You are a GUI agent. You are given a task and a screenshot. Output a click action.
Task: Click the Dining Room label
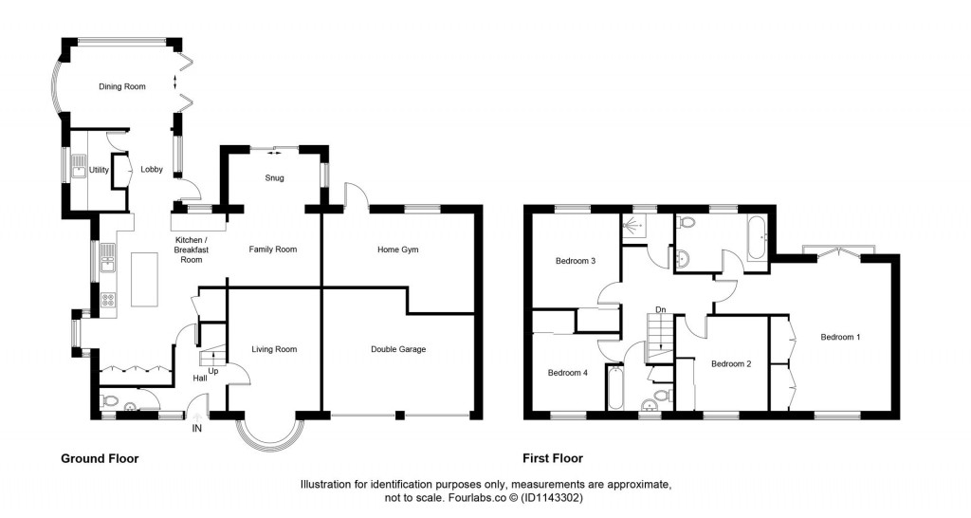[122, 87]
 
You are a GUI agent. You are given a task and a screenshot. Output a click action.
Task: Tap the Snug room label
[274, 177]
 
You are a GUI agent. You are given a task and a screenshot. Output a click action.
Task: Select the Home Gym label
[397, 250]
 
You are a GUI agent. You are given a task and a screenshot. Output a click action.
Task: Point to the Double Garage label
[397, 349]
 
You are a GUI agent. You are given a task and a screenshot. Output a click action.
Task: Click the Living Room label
[274, 349]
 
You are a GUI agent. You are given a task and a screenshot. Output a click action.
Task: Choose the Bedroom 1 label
[840, 337]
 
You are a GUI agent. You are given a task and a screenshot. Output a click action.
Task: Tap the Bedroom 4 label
[568, 373]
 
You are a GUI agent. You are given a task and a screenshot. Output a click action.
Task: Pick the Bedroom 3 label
[575, 261]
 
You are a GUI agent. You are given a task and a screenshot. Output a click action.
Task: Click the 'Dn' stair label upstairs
[660, 309]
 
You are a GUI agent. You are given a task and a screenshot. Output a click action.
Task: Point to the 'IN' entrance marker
[197, 429]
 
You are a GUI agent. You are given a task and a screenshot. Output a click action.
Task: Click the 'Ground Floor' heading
[100, 458]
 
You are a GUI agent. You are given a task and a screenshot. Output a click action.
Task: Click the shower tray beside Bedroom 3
[632, 226]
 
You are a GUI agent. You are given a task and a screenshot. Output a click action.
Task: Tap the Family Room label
[273, 250]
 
